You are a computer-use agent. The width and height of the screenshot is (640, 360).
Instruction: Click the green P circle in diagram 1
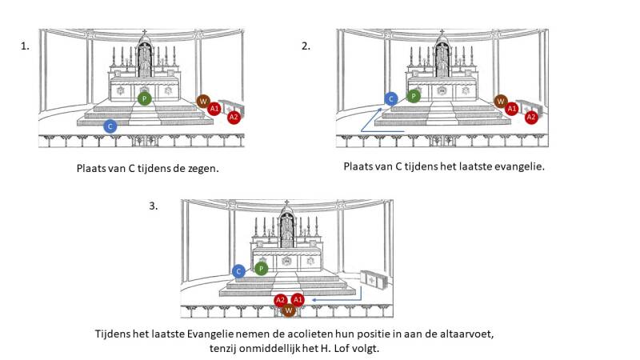144,98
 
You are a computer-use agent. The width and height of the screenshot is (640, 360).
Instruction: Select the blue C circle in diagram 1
110,126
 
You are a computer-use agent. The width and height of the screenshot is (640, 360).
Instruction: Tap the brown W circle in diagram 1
203,101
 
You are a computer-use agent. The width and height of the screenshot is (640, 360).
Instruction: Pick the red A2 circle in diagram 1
234,117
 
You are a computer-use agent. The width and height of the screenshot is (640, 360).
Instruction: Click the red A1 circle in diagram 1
214,107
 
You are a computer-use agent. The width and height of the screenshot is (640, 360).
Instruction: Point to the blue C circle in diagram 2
390,98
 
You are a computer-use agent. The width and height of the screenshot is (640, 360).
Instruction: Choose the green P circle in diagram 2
413,96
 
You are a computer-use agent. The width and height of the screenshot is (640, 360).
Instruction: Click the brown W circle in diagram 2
501,101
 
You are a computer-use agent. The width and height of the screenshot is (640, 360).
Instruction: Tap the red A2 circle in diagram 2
530,117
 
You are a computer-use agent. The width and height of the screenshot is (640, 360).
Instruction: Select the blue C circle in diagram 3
238,271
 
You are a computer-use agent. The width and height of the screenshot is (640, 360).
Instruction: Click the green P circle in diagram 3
261,270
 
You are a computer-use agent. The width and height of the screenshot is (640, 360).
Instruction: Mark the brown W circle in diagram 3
289,309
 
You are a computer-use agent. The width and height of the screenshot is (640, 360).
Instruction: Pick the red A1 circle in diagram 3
298,299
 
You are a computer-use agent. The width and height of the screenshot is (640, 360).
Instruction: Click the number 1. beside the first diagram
25,46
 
